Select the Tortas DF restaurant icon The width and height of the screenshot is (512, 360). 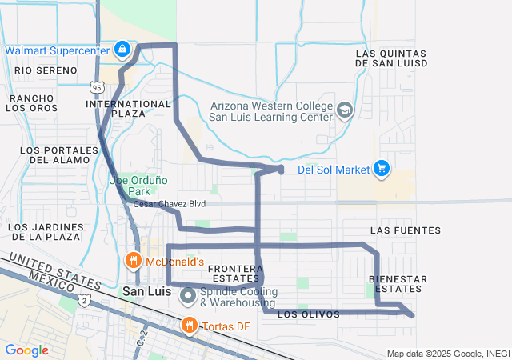pyautogui.click(x=190, y=325)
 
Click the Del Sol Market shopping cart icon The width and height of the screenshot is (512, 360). pyautogui.click(x=382, y=169)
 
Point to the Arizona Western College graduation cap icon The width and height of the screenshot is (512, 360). pyautogui.click(x=345, y=110)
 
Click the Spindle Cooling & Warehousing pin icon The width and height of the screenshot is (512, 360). pyautogui.click(x=188, y=296)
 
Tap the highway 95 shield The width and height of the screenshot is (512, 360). pyautogui.click(x=97, y=85)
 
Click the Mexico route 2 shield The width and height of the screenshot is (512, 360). pyautogui.click(x=85, y=300)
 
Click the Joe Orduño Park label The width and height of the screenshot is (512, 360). pyautogui.click(x=130, y=186)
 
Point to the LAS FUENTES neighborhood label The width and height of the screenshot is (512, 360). pyautogui.click(x=406, y=230)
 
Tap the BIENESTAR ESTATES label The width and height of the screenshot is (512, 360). pyautogui.click(x=398, y=283)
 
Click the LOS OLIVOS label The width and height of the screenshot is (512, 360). pyautogui.click(x=308, y=314)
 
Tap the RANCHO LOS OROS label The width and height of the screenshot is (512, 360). pyautogui.click(x=33, y=103)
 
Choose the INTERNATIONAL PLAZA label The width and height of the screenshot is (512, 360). pyautogui.click(x=128, y=109)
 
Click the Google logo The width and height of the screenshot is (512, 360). pyautogui.click(x=26, y=350)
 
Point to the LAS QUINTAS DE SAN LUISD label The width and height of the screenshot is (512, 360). pyautogui.click(x=390, y=58)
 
